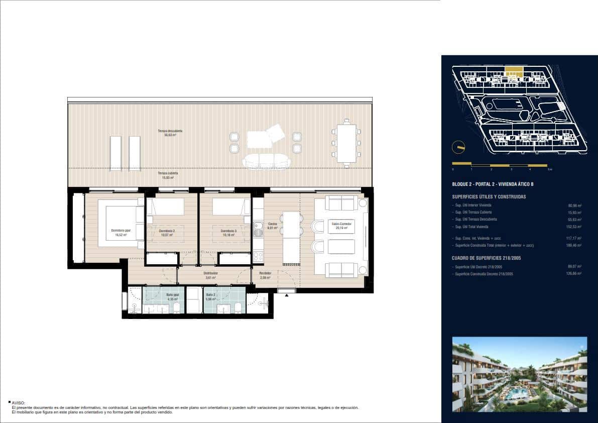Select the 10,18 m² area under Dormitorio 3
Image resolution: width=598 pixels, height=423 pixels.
[228, 235]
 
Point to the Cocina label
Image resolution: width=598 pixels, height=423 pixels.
[273, 224]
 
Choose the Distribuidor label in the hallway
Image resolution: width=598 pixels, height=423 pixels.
[210, 273]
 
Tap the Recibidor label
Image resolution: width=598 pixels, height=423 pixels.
[265, 273]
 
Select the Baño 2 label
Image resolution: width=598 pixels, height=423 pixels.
[210, 295]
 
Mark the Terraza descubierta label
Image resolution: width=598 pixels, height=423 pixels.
[170, 131]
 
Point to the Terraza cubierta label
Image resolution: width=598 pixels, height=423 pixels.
[168, 173]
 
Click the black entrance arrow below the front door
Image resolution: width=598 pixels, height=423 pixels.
[287, 296]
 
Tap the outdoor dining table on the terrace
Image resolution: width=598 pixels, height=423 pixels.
[346, 143]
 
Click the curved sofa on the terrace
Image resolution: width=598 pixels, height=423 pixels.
[266, 161]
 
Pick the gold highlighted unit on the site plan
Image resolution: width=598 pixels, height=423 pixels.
[513, 70]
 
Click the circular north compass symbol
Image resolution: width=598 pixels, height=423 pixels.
[458, 147]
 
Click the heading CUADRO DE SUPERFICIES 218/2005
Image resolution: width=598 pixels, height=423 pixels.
[486, 258]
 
